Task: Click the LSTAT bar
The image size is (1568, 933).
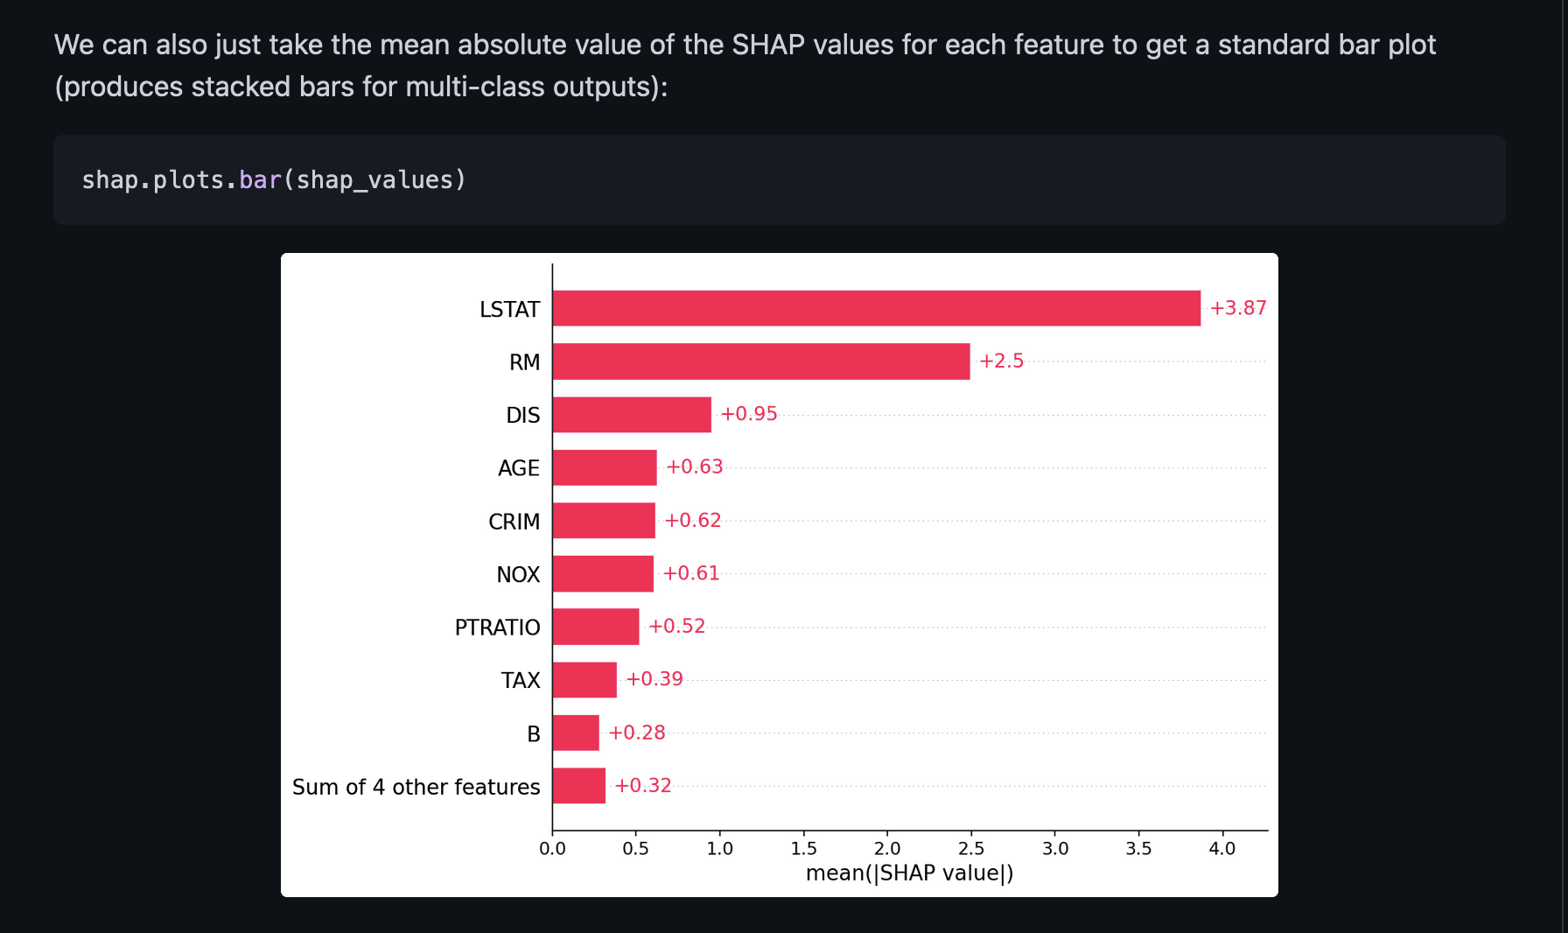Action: coord(875,308)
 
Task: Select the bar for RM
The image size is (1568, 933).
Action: coord(761,361)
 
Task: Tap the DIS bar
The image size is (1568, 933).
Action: coord(632,415)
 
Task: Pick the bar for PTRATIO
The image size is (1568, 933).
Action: coord(596,627)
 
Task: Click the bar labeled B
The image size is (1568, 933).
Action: coord(576,733)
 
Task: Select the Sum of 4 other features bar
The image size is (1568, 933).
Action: coord(578,786)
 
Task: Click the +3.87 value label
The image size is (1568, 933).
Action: coord(1237,308)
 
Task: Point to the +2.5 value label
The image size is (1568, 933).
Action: coord(1001,361)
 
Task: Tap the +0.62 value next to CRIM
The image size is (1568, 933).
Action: coord(692,521)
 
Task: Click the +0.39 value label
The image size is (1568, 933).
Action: coord(654,679)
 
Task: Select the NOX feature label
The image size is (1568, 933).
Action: coord(518,575)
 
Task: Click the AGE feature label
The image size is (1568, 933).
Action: coord(519,468)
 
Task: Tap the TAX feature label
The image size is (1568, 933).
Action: coord(521,681)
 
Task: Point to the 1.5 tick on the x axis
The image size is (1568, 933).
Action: coord(803,848)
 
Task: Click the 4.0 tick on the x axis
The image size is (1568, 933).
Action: coord(1221,848)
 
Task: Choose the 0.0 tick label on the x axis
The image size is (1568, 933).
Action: coord(552,848)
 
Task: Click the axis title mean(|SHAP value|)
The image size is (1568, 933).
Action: coord(909,873)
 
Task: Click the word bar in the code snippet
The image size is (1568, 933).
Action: coord(260,180)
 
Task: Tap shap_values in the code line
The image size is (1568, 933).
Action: coord(374,180)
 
